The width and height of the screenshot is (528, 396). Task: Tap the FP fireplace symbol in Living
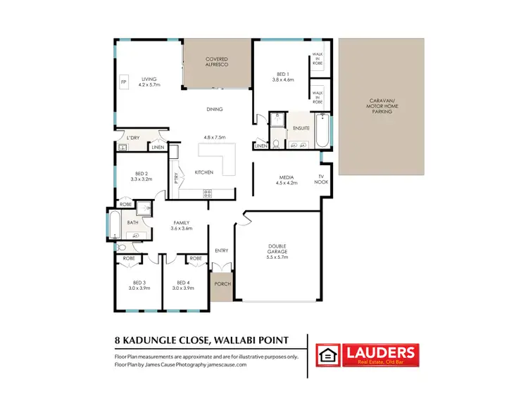coord(124,83)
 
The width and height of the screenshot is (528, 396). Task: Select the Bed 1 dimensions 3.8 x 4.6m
coord(282,79)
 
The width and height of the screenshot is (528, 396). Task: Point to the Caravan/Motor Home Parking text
coord(383,106)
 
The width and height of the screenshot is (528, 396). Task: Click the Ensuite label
coord(302,128)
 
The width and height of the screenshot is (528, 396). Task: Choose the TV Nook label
coord(321,179)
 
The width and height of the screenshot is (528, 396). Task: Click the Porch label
coord(222,284)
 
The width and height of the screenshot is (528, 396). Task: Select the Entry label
coord(222,250)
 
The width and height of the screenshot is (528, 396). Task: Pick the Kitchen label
coord(204,172)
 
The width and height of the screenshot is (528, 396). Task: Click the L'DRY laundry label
coord(134,137)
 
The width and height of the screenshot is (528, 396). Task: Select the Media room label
coord(287,177)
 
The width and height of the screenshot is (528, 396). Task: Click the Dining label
coord(215,109)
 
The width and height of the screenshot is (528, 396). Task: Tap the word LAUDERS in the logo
coord(379,352)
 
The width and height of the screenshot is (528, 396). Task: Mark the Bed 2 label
coord(142,174)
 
